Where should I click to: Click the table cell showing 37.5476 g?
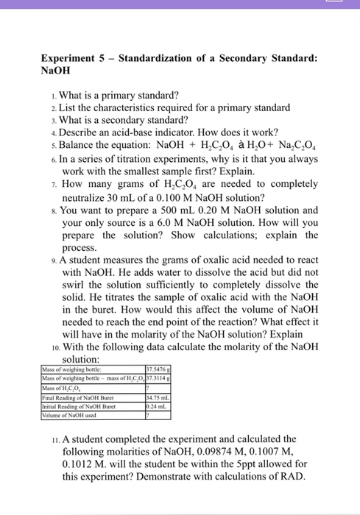[159, 370]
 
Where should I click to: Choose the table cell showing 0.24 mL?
[158, 405]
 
